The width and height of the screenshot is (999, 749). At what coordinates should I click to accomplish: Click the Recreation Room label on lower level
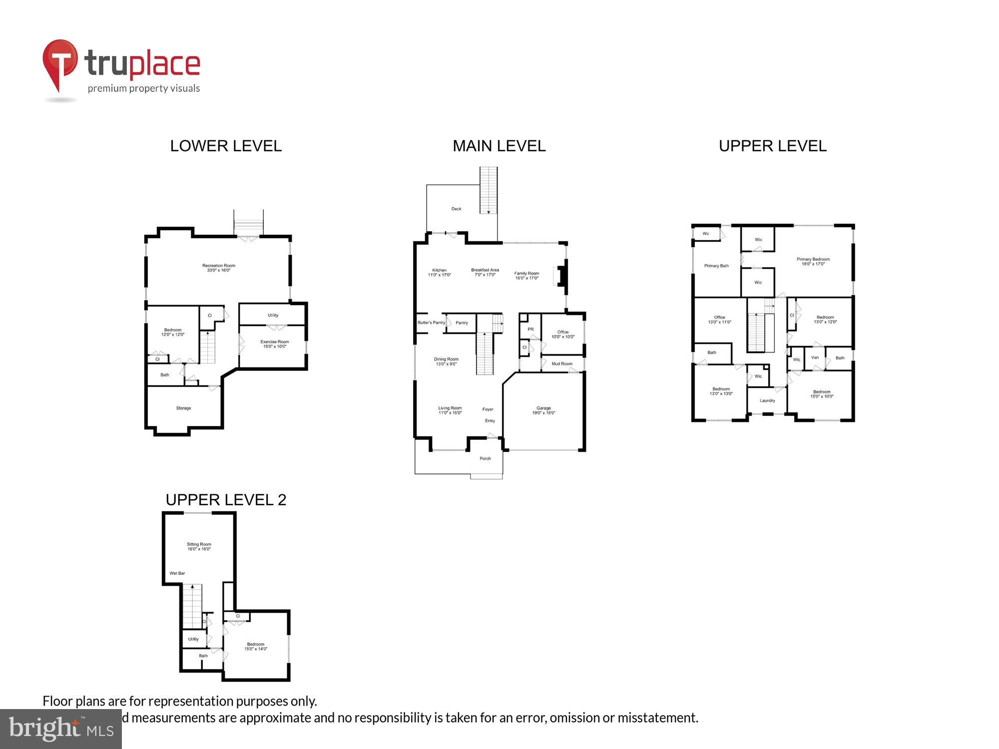tap(218, 268)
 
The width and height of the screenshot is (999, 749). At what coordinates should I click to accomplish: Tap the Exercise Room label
tap(274, 344)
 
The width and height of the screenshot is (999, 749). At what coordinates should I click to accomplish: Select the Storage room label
tap(183, 408)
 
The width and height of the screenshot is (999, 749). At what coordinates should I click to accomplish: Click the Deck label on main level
tap(456, 209)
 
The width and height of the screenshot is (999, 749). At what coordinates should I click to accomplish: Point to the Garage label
tap(543, 410)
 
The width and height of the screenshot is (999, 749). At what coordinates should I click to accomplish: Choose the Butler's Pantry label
tap(431, 323)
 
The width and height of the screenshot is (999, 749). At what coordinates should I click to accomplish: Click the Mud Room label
tap(561, 364)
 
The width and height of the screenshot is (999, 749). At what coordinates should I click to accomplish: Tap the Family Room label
tap(526, 275)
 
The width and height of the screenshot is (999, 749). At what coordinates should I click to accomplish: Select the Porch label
tap(485, 458)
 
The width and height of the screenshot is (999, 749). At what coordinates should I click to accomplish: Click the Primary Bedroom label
tap(813, 261)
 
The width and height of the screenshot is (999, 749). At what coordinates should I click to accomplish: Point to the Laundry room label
tap(767, 400)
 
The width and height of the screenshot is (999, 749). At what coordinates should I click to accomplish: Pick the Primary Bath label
tap(716, 266)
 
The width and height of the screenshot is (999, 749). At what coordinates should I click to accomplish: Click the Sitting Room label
tap(199, 546)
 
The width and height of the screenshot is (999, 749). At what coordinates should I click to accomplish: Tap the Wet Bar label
tap(177, 573)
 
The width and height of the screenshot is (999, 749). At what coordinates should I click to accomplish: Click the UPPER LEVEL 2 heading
tap(226, 500)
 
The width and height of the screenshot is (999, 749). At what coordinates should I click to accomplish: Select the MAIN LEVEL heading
tap(499, 146)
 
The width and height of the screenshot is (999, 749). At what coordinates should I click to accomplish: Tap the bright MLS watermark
tap(60, 729)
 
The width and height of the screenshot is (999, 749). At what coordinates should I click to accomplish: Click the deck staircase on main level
tap(489, 190)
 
